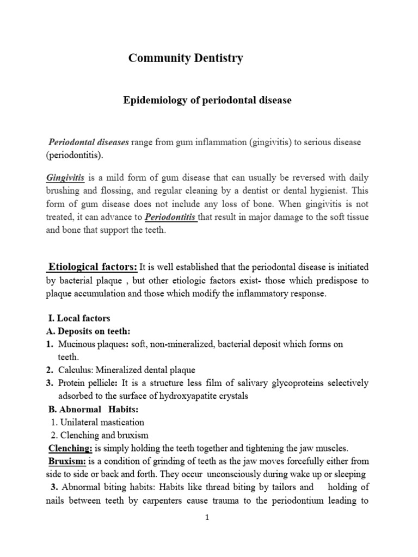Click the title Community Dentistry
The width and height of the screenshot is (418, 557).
pos(186,59)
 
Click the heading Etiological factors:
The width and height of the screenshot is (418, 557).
pos(93,267)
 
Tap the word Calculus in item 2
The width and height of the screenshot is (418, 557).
pos(74,370)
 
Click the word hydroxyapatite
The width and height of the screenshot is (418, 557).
pos(186,396)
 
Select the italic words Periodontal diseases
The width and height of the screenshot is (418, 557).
pos(89,142)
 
